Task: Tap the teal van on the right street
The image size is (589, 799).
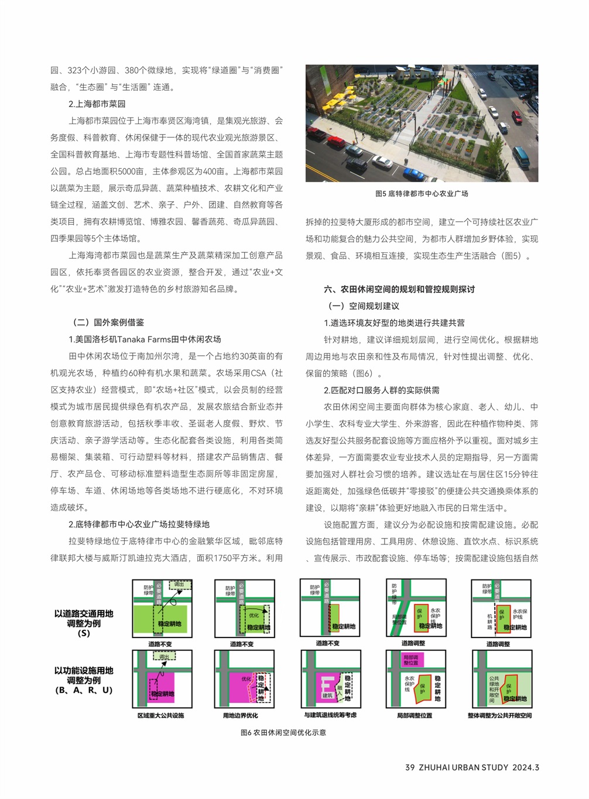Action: coord(521,156)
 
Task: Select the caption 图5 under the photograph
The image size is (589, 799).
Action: coord(422,194)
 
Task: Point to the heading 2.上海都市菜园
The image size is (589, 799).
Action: coord(97,104)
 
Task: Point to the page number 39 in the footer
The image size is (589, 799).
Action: coord(410,767)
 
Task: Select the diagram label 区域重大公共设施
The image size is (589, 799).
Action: coord(160,715)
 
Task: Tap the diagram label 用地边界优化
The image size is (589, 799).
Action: coord(240,715)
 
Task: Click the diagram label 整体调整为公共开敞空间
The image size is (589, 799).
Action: coord(499,715)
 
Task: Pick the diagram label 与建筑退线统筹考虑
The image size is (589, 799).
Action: coord(330,715)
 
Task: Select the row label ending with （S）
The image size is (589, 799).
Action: coord(84,623)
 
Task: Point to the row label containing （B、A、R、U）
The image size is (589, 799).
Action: coord(84,680)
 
